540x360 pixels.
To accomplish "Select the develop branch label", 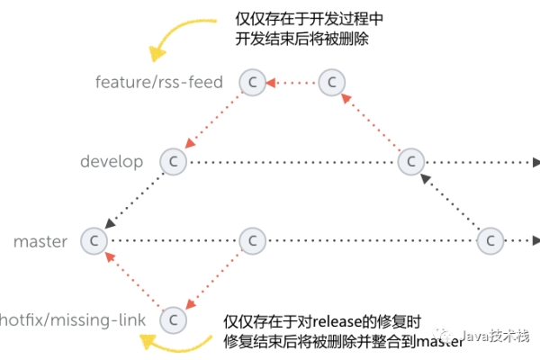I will pos(112,162).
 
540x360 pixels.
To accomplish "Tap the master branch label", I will pos(40,241).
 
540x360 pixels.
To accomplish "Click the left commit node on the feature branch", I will pos(252,83).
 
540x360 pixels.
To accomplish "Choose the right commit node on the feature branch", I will pos(332,83).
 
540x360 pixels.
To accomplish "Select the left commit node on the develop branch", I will pos(173,162).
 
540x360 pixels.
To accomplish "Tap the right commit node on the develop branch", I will pos(410,162).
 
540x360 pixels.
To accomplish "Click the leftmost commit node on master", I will pos(93,240).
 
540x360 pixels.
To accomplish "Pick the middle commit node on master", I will pos(252,240).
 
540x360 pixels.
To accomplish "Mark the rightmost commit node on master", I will pos(490,240).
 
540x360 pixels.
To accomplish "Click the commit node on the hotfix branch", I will pos(173,319).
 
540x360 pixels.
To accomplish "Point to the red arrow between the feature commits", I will pos(292,83).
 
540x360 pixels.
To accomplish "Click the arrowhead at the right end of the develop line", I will pos(534,162).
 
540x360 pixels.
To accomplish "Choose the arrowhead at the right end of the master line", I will pos(534,240).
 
